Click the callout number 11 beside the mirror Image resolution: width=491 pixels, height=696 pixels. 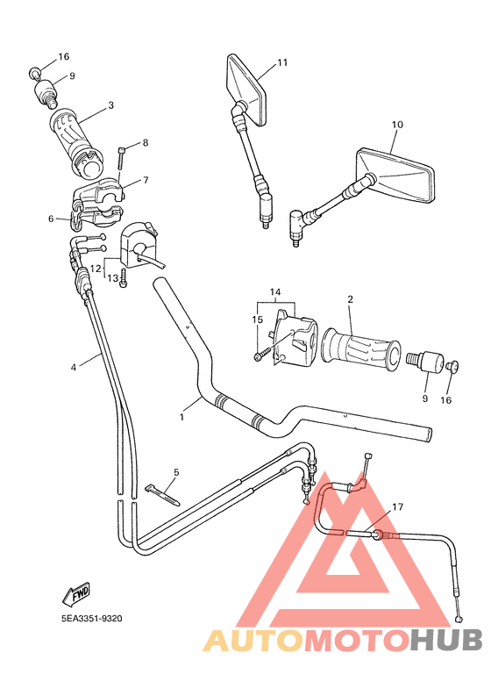coord(281,62)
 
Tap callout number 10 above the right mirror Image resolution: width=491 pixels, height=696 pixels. coord(396,126)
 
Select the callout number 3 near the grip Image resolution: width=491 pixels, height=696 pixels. coord(110,105)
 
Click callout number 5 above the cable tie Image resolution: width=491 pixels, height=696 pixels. coord(175,472)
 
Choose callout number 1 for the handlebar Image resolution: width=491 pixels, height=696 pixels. coord(182,417)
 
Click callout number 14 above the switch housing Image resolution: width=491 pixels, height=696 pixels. coord(275,291)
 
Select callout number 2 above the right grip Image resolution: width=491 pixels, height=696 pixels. coord(350,299)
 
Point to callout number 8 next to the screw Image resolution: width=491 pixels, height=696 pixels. coord(145,142)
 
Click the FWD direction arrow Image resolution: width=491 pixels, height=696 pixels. coord(77,593)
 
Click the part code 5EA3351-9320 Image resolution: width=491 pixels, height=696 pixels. coord(86,618)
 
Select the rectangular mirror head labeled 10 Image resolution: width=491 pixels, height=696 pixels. coord(395,175)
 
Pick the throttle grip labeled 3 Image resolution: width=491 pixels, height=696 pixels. coord(82,141)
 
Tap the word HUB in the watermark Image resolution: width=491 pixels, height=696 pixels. coord(447,642)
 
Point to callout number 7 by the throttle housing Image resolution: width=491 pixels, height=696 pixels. coord(145,180)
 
